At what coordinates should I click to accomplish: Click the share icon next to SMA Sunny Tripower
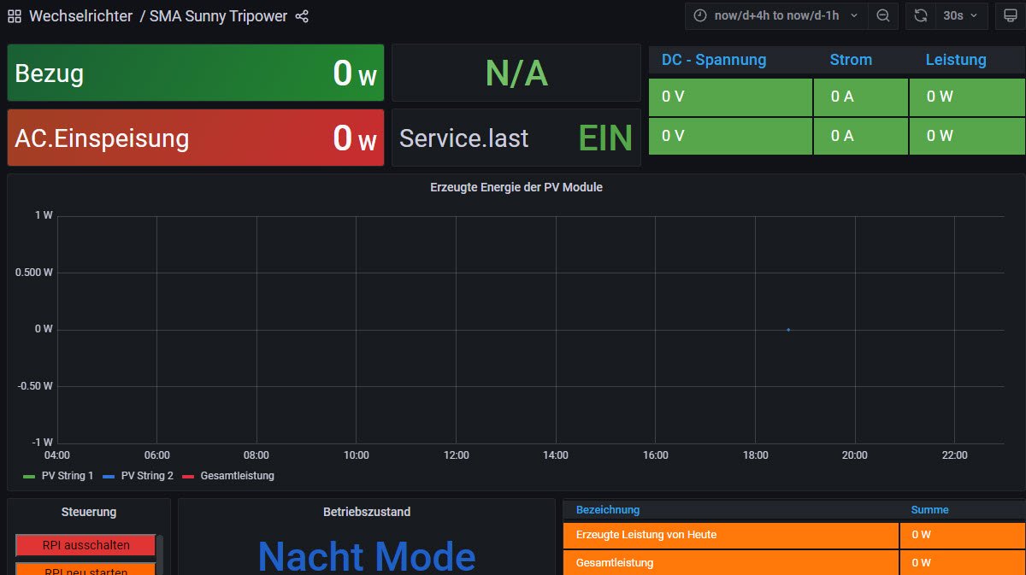coord(302,16)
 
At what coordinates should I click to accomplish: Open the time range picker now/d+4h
coord(775,16)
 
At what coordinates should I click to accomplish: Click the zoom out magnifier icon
coord(883,16)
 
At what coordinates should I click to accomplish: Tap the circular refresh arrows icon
coord(921,16)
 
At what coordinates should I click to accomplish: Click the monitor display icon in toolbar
coord(1010,16)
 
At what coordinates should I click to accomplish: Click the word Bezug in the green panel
coord(50,73)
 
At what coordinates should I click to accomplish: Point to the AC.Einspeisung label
coord(102,138)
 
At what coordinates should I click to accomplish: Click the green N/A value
coord(516,73)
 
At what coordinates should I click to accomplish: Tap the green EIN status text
coord(605,138)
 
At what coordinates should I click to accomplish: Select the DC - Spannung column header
coord(714,60)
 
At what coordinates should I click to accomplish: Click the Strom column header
coord(851,60)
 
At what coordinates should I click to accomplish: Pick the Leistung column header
coord(956,60)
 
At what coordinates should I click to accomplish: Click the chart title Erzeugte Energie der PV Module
coord(516,187)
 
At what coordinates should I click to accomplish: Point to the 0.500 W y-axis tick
coord(34,273)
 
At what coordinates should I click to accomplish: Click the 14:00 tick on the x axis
coord(556,455)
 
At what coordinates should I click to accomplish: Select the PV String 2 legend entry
coord(147,476)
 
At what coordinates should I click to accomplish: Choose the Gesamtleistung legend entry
coord(237,476)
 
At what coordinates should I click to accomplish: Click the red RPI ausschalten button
coord(85,544)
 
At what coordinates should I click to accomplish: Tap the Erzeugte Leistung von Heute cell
coord(646,535)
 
